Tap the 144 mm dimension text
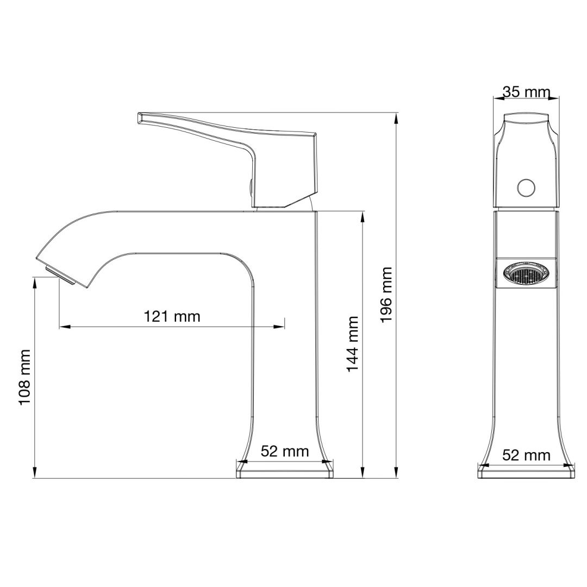coord(353,344)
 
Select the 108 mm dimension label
coord(24,377)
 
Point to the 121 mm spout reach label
coord(172,316)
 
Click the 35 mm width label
coord(526,91)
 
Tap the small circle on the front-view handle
coord(526,188)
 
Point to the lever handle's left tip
coord(140,117)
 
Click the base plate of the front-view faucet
coord(526,473)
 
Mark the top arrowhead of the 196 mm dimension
coord(396,116)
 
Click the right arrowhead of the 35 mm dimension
coord(555,98)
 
